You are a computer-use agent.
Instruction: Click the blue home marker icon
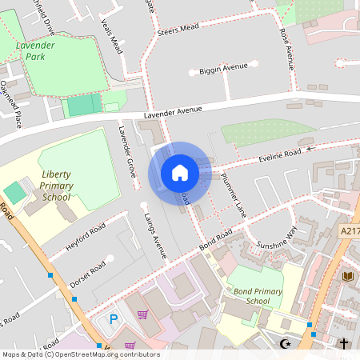(180, 172)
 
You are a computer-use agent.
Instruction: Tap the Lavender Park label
(35, 51)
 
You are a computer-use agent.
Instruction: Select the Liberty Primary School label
(56, 186)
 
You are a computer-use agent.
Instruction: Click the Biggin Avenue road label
(224, 69)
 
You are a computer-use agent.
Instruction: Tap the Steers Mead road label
(178, 29)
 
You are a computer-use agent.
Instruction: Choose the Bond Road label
(216, 238)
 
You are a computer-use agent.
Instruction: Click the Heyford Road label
(86, 238)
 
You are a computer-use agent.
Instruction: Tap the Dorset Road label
(87, 270)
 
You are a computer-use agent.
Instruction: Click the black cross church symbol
(344, 343)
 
